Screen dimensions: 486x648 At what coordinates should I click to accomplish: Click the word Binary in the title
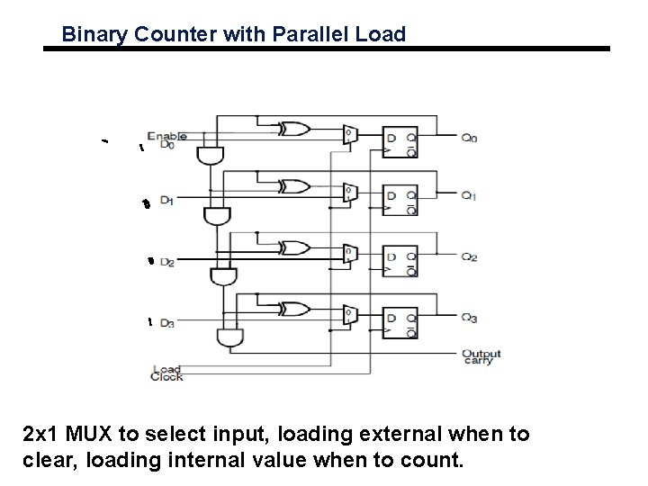89,35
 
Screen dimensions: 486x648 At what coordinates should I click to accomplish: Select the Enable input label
166,136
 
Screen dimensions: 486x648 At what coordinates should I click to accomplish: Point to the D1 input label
166,202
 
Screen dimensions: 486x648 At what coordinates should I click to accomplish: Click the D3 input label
166,323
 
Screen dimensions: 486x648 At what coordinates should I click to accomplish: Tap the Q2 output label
469,257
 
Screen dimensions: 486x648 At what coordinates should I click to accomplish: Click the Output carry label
481,357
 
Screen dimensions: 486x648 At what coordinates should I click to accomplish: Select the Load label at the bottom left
167,368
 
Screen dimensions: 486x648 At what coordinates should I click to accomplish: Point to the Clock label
167,377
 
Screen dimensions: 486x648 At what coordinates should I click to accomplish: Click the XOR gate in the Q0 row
292,130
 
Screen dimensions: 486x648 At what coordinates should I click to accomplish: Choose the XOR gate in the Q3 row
292,309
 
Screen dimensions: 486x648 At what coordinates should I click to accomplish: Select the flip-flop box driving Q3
399,318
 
